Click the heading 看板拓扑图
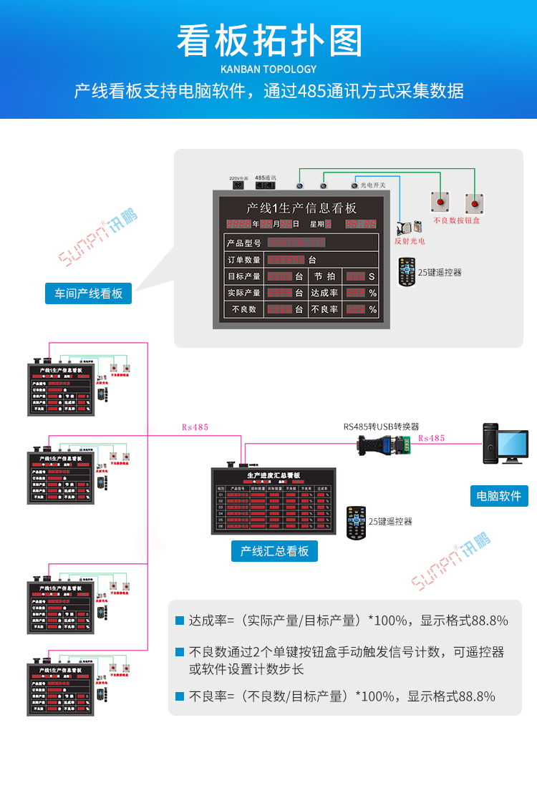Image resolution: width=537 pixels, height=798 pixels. point(268,41)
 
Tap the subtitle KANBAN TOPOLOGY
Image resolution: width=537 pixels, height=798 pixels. point(268,69)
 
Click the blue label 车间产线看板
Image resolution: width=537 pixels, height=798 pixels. point(89,293)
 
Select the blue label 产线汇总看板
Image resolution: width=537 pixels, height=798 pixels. point(274,550)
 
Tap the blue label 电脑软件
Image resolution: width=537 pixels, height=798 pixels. point(499,496)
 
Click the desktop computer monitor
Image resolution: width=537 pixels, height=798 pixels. point(513,447)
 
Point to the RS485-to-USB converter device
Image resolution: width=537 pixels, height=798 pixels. point(385,445)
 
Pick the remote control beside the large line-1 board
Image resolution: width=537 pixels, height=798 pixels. point(407,273)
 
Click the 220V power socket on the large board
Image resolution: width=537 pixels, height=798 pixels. point(237,185)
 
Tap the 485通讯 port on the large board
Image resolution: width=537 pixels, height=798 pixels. point(265,185)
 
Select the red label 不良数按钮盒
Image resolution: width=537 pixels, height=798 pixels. point(456,220)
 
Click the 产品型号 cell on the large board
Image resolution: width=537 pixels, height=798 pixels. point(244,243)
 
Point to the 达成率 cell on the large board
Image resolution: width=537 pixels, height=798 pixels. point(325,293)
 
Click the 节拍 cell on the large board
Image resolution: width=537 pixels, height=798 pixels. point(324,276)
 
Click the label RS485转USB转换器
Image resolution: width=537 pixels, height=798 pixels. point(381,427)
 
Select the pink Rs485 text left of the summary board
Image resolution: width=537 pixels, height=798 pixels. point(195,427)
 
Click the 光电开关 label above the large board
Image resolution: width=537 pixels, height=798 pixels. point(372,185)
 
